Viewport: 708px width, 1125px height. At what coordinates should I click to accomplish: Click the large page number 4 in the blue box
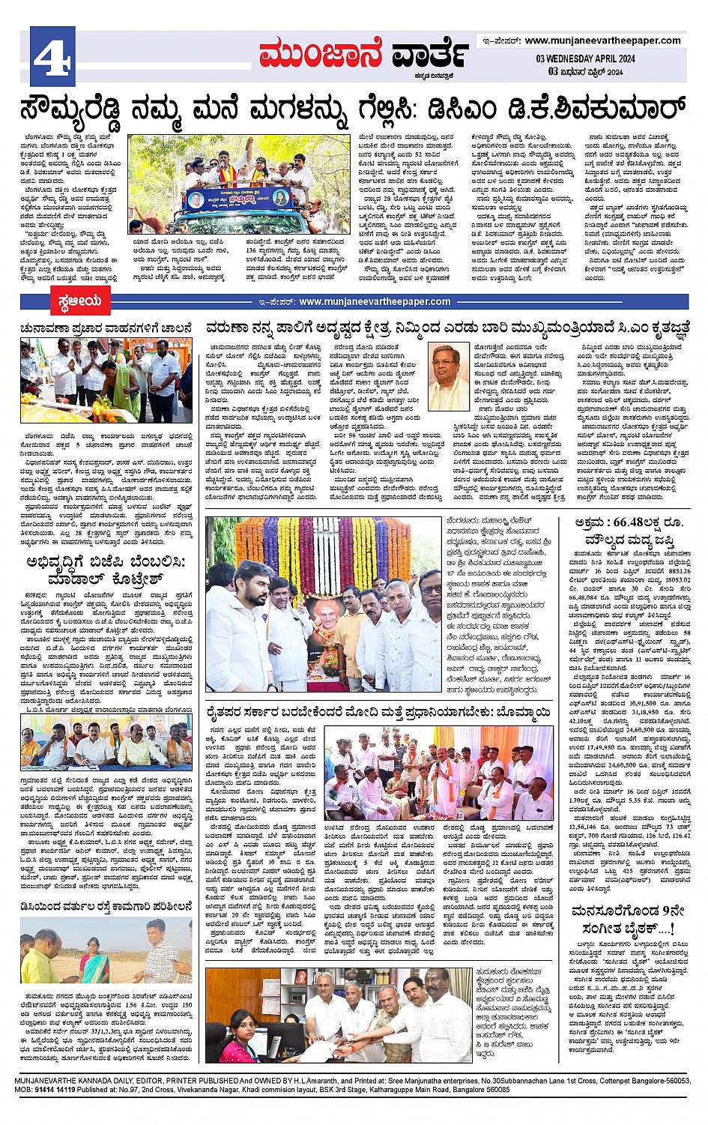pyautogui.click(x=52, y=53)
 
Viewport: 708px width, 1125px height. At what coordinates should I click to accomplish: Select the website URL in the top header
pyautogui.click(x=602, y=40)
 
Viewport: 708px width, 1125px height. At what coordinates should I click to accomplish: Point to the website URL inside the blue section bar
pyautogui.click(x=375, y=302)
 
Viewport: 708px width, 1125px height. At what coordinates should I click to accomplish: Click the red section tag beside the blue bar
pyautogui.click(x=79, y=302)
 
